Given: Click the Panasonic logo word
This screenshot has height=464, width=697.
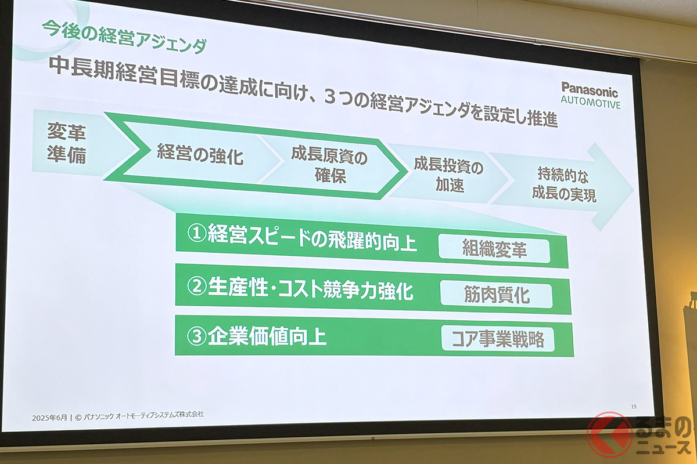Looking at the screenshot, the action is click(x=590, y=90).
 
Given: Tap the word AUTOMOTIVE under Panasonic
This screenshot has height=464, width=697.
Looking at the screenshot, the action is click(x=591, y=102).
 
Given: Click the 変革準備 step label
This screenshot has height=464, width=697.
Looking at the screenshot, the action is click(x=66, y=143).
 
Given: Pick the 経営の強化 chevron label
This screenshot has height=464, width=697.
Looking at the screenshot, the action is click(x=200, y=154).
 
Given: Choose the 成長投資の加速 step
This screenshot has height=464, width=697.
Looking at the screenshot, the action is click(x=448, y=175).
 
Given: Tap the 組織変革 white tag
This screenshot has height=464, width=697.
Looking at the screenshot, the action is click(x=494, y=249).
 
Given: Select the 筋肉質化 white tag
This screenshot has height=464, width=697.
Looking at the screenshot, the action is click(x=496, y=295).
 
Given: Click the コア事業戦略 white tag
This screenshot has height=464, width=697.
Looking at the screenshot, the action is click(x=498, y=339).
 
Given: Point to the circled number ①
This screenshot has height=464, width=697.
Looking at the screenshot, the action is click(x=197, y=233).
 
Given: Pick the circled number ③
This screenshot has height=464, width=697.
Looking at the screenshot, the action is click(x=197, y=336).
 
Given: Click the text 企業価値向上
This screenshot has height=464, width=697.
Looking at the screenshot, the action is click(x=267, y=336).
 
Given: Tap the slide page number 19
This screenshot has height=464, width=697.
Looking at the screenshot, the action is click(x=634, y=407).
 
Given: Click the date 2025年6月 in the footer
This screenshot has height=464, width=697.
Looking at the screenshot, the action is click(x=49, y=418).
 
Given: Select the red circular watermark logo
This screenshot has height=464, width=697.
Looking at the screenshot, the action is click(x=609, y=435).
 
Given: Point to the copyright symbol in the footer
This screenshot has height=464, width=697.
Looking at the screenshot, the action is click(x=78, y=418).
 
